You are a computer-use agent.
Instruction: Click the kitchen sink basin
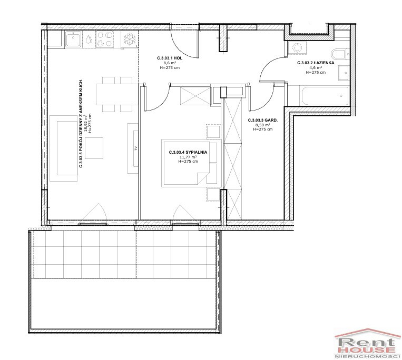[x=74, y=39]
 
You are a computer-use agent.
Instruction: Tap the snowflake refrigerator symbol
[x=129, y=39]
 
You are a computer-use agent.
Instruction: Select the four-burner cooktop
[x=104, y=39]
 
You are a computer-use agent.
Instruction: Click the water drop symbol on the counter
[x=89, y=39]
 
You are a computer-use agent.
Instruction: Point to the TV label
[x=136, y=148]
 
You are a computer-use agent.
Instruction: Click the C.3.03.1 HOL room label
[x=170, y=58]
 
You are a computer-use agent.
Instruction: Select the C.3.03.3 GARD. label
[x=263, y=120]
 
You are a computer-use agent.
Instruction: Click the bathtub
[x=324, y=96]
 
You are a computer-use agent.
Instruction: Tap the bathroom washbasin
[x=344, y=73]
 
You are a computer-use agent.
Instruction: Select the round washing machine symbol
[x=297, y=47]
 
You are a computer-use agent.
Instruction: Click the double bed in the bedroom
[x=189, y=163]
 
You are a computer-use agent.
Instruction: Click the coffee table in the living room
[x=94, y=148]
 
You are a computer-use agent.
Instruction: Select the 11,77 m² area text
[x=188, y=157]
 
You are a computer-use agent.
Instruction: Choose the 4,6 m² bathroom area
[x=316, y=67]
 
